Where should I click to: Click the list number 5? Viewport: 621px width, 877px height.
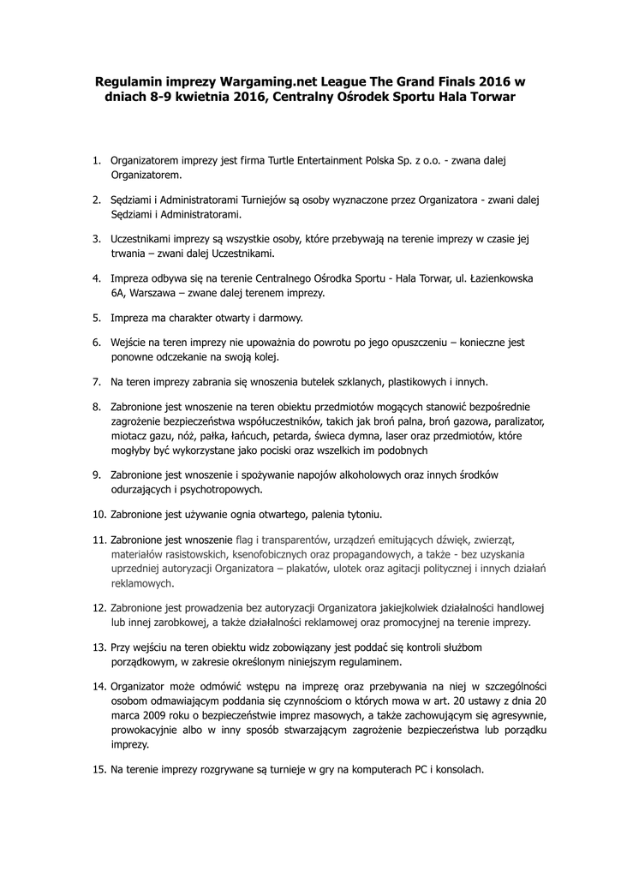[x=97, y=318]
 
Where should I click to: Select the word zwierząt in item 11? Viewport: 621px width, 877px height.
[x=490, y=540]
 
